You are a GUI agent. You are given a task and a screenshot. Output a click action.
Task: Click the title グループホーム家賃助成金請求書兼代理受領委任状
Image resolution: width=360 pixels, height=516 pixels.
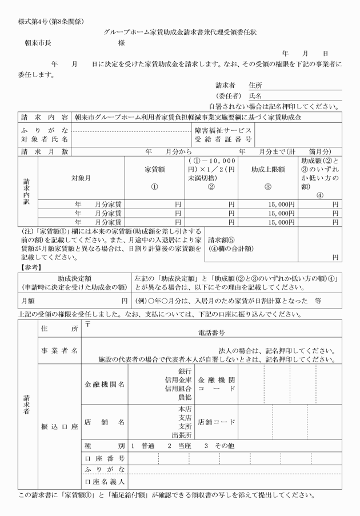pos(180,33)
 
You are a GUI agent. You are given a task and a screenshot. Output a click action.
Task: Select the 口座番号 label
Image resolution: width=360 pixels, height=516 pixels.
pos(103,458)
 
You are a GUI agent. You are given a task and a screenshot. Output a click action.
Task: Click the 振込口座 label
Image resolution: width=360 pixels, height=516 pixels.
pos(59,427)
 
